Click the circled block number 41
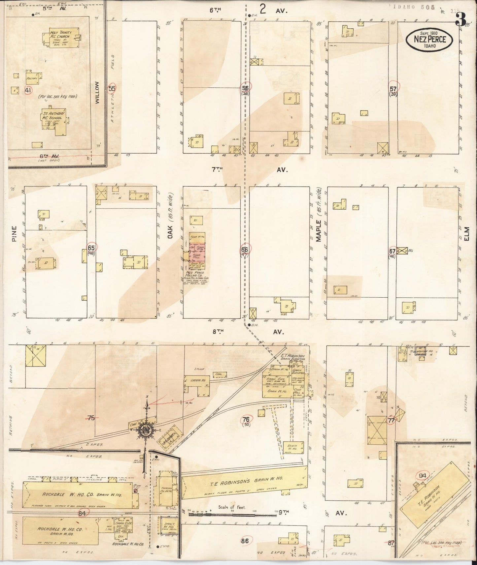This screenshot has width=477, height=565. pos(28,90)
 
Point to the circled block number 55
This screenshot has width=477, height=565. pos(112,88)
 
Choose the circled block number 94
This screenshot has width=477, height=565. pos(422,475)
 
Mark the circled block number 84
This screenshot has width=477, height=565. pos(82,513)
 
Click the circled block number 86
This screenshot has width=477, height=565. pos(245,541)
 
